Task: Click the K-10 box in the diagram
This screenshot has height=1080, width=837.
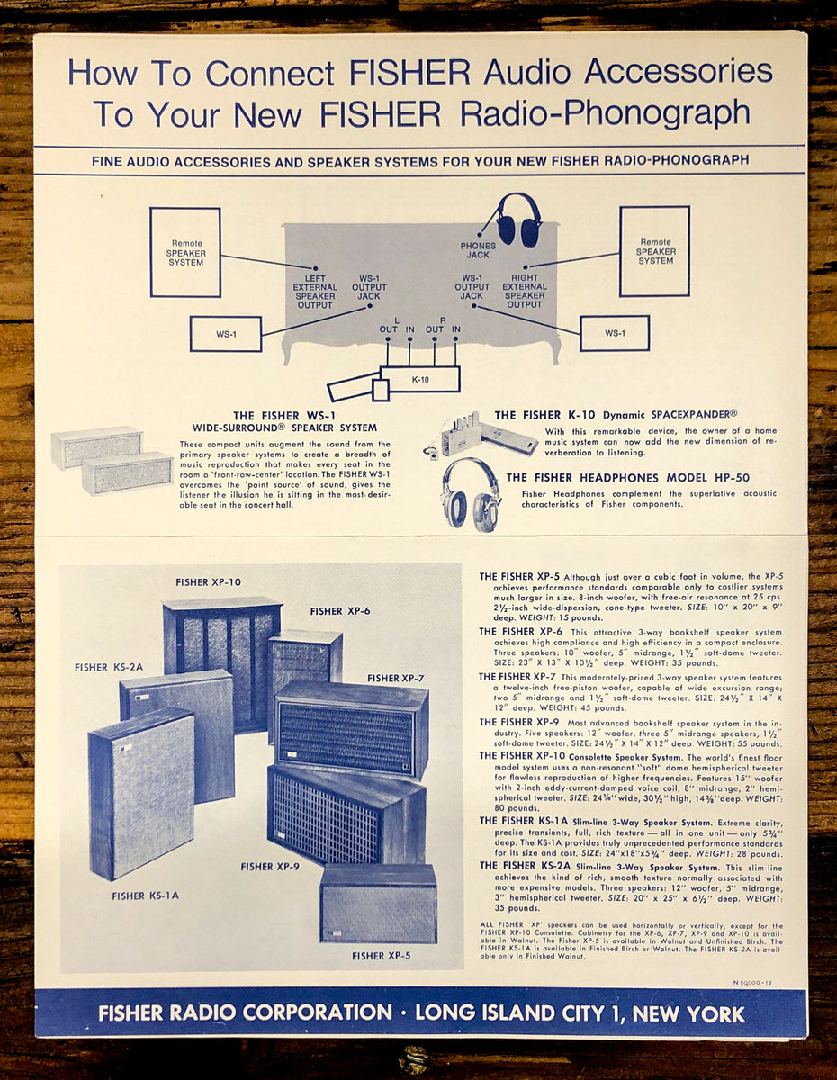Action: pos(420,379)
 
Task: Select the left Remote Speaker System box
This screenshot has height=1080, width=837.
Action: pos(185,252)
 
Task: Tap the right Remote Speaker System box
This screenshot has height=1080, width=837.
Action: pos(654,251)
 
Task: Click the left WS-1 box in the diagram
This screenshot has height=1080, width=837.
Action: pos(225,334)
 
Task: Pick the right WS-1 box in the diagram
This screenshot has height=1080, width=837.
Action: pos(614,333)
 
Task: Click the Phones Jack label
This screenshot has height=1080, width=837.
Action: pos(478,250)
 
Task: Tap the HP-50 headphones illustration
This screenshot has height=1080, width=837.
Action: pos(471,493)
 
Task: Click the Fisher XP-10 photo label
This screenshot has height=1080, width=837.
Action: pos(208,582)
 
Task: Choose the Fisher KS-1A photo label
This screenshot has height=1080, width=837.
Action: pos(145,895)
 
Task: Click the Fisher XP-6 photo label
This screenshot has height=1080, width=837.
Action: pos(340,611)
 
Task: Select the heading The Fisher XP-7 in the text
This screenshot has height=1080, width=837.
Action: pos(517,677)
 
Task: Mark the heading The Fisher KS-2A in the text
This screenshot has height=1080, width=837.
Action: pos(523,866)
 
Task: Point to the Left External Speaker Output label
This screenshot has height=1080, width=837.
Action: pos(315,286)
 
